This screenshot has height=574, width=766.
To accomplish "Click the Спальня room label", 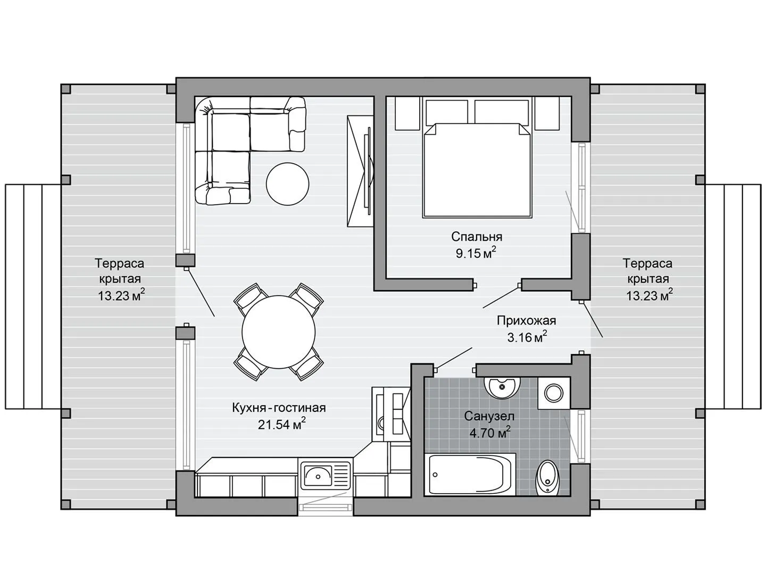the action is (476, 237).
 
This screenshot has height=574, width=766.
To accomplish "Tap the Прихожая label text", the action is (526, 320).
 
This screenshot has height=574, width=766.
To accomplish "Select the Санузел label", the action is (489, 416).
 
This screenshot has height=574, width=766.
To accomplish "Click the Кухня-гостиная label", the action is (279, 408).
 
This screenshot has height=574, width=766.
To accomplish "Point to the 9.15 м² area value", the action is (476, 252).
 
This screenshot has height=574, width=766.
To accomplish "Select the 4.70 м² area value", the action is (490, 433).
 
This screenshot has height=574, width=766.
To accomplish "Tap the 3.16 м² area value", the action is (527, 337).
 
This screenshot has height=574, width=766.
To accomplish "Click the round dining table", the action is (279, 332).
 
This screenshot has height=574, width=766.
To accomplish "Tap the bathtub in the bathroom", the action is (470, 474).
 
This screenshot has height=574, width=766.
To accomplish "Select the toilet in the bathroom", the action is (548, 477).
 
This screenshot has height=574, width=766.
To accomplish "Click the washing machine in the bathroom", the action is (554, 392).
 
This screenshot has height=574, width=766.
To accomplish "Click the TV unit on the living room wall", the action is (360, 172).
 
